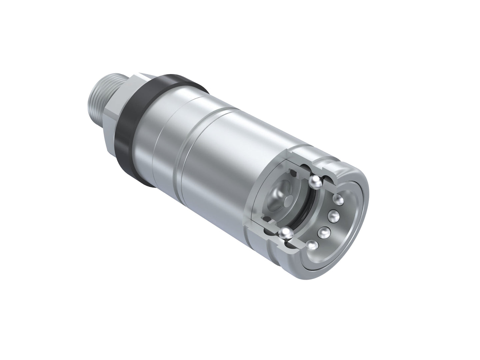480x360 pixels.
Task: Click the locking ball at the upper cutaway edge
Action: [x=315, y=182]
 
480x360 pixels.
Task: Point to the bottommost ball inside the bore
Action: [x=312, y=246]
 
